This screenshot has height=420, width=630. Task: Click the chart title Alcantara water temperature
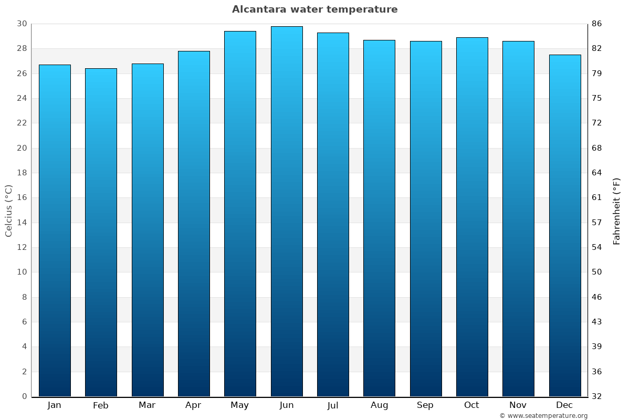coord(315,9)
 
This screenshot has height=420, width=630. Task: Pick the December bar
coord(565,225)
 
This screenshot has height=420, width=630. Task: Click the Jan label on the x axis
coord(55,405)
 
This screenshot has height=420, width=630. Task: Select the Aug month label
coord(380,405)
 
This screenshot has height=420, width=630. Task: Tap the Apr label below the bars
coord(194,405)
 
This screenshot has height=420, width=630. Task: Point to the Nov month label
coord(518,405)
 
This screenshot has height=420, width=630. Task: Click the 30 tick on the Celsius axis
coord(22,24)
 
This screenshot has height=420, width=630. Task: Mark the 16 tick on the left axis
coord(22,198)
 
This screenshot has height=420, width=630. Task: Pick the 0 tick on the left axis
coord(24,396)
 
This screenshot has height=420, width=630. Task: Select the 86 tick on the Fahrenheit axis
coord(597,24)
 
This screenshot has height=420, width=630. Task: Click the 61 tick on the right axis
coord(597,198)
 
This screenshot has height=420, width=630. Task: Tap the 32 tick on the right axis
coord(597,396)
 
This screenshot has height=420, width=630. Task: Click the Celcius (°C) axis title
coord(9,211)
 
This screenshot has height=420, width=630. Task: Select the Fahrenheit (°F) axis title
coord(617,211)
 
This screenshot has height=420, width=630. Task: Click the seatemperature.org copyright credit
coord(543,416)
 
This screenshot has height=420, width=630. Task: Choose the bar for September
coord(426,218)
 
